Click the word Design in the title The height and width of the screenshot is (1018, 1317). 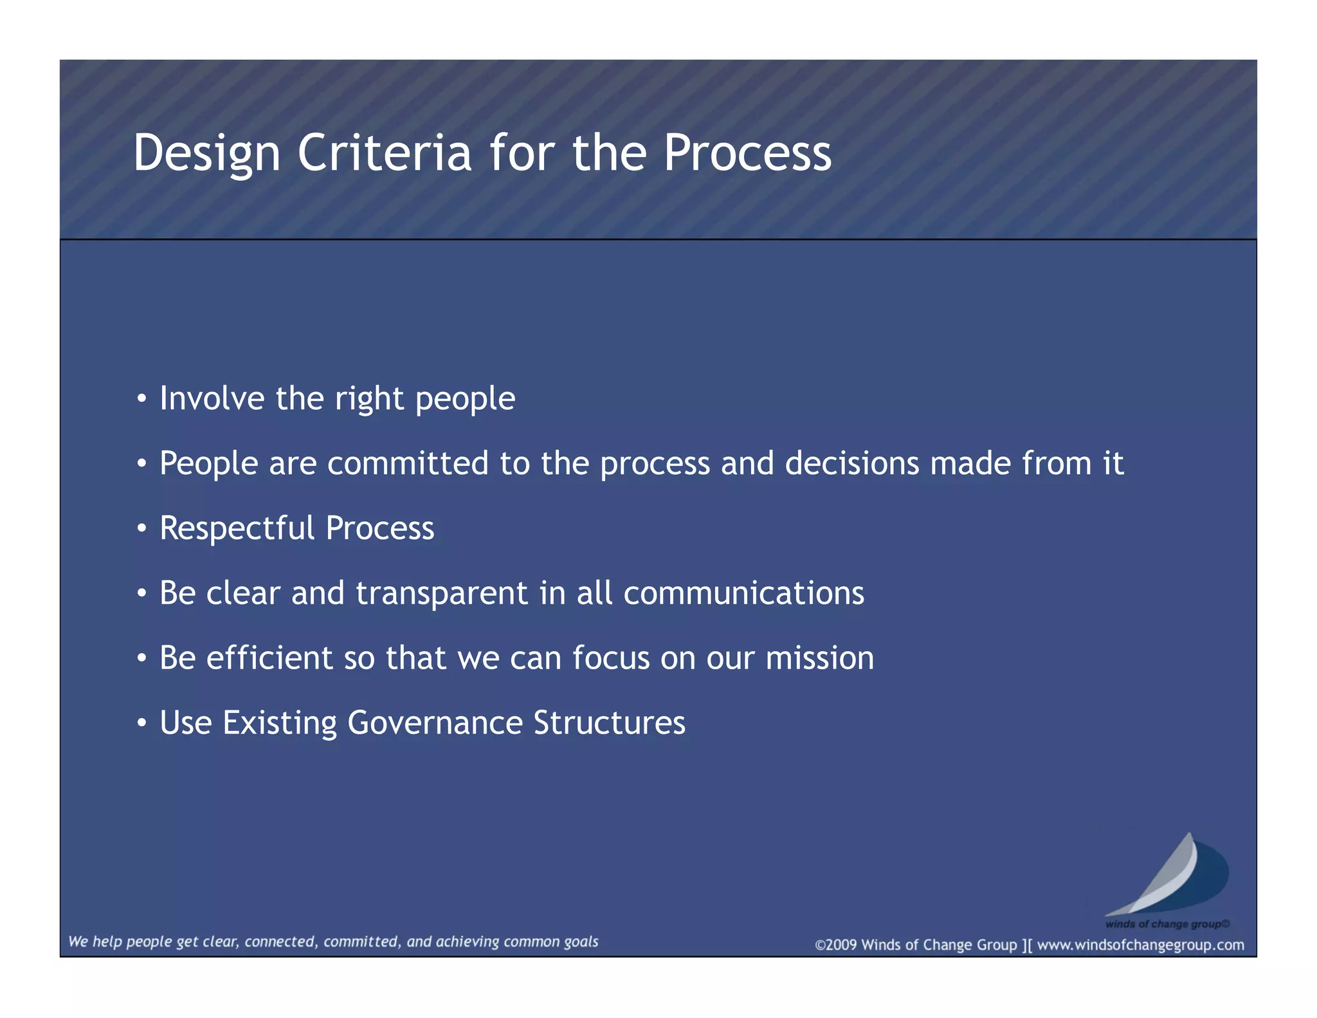(206, 153)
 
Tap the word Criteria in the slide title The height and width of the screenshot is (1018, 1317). (384, 153)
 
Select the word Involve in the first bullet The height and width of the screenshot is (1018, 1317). (212, 398)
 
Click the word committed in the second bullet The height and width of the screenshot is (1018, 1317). (408, 463)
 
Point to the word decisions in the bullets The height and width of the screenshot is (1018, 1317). (852, 463)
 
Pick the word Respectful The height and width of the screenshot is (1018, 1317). (237, 528)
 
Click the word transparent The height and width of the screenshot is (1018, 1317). (442, 593)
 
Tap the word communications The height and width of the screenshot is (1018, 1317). (743, 593)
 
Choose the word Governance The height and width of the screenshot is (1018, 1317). (435, 723)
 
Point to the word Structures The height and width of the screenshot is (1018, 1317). (609, 723)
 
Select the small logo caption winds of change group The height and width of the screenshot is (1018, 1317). (1167, 924)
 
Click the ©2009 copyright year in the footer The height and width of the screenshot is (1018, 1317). (837, 945)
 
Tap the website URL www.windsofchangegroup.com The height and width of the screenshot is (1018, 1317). (1140, 945)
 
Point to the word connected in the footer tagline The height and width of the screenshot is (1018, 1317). (280, 941)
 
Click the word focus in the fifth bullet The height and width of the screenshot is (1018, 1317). (611, 658)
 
